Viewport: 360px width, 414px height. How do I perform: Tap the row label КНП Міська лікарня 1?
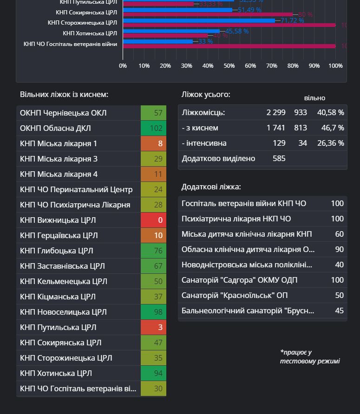[x=59, y=143]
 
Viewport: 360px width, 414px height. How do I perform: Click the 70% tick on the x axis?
[x=272, y=66]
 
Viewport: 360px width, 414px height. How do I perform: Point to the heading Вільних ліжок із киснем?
[x=64, y=94]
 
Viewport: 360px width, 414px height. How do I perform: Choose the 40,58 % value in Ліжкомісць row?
[x=331, y=112]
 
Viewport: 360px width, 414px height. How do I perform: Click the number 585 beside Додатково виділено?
[x=279, y=158]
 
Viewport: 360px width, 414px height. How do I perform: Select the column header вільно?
[x=314, y=98]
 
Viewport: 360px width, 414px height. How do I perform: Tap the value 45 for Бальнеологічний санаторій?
[x=339, y=310]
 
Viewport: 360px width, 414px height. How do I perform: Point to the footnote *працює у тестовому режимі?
[x=310, y=356]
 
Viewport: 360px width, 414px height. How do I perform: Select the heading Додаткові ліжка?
[x=211, y=187]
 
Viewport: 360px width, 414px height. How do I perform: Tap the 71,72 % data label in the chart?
[x=293, y=20]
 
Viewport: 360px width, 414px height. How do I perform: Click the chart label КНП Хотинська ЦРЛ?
[x=90, y=33]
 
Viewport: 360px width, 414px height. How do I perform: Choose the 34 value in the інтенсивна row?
[x=302, y=143]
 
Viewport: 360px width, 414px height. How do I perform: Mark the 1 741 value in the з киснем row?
[x=275, y=128]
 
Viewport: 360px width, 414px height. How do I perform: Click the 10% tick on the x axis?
[x=144, y=66]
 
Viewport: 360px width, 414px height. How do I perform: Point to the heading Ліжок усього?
[x=205, y=94]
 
